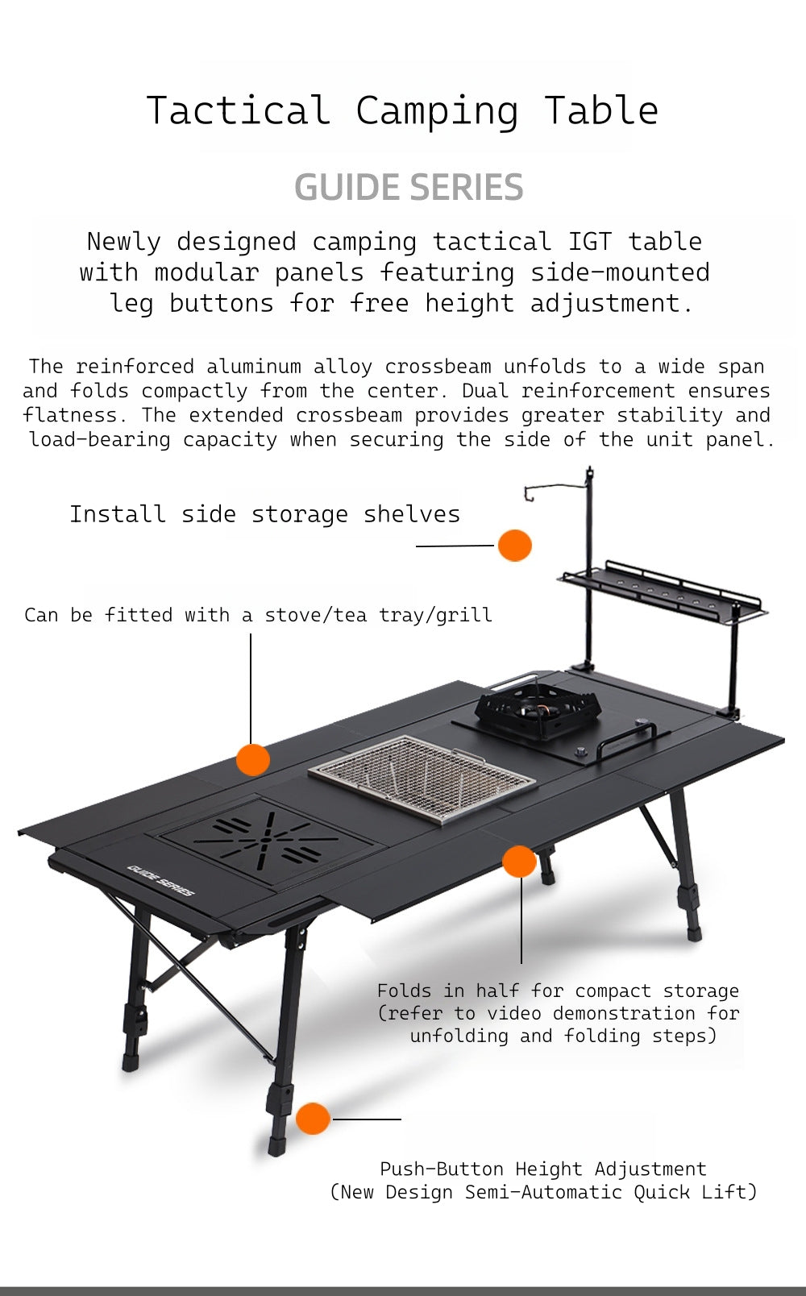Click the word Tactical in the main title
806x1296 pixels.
point(239,110)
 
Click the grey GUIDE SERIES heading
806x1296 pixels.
point(409,187)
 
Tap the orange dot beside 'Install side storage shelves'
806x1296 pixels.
point(514,546)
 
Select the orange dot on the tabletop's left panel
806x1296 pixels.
point(252,759)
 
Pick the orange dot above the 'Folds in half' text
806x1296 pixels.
point(519,862)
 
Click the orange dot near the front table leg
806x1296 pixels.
point(313,1119)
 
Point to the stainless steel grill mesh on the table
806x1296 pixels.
point(422,777)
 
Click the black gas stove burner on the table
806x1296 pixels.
point(538,709)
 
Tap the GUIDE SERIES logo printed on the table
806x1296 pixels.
point(160,881)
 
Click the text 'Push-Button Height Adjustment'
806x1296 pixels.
point(542,1169)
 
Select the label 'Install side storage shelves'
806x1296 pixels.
point(264,514)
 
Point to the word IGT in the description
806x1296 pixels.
point(589,242)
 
